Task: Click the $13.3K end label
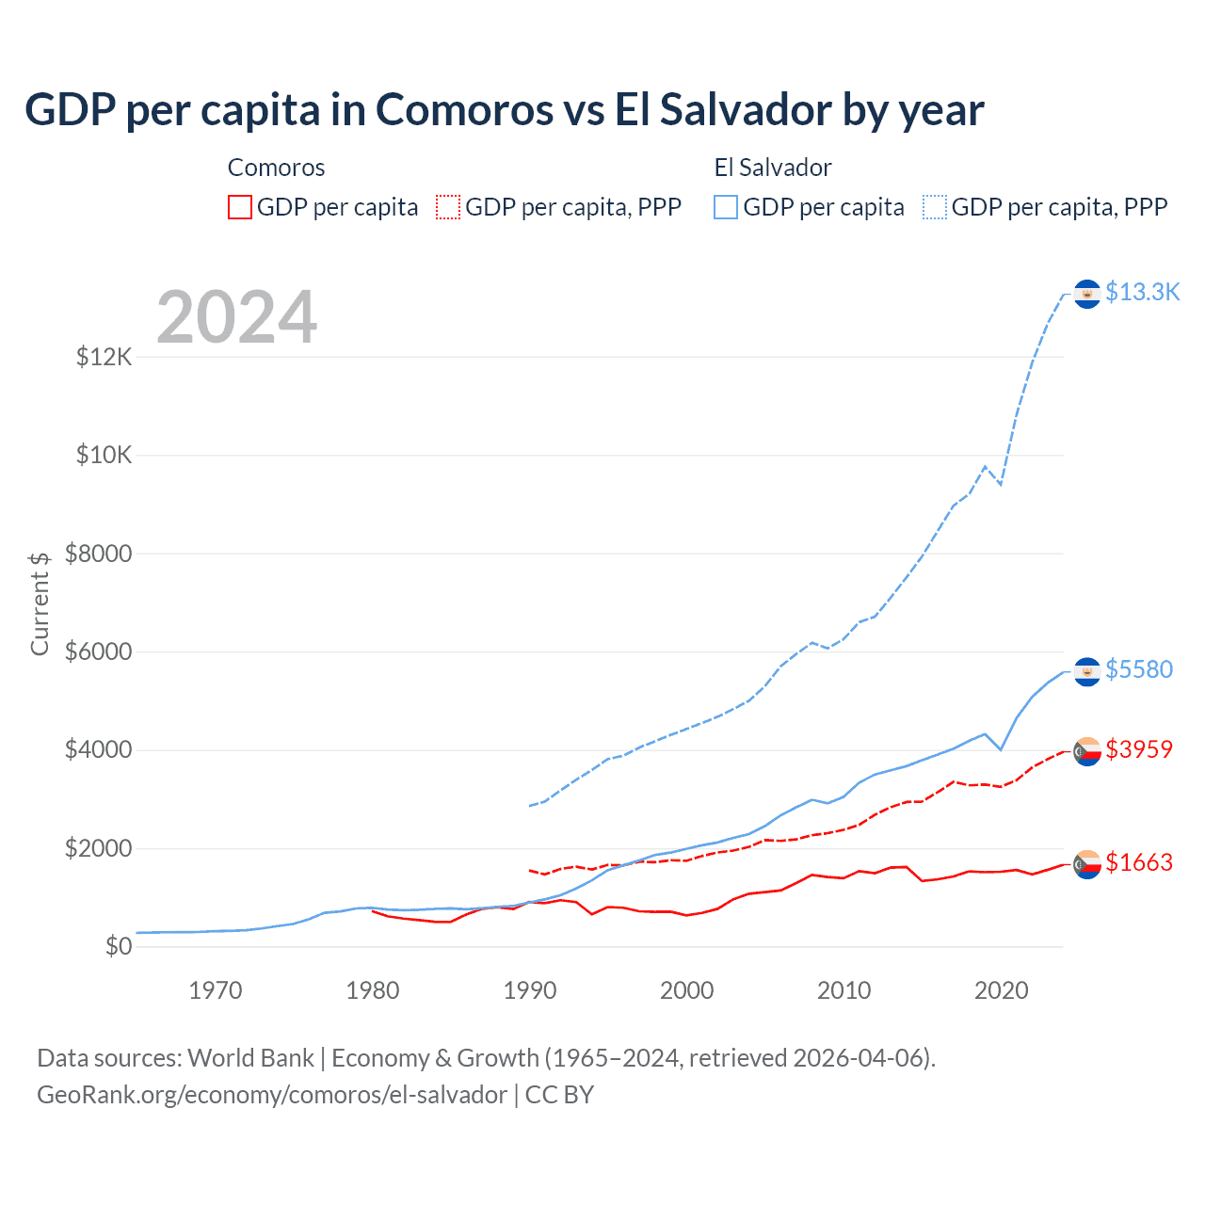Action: (x=1142, y=292)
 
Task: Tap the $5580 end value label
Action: (x=1139, y=669)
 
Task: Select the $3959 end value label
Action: (x=1139, y=749)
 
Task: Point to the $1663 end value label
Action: (x=1139, y=862)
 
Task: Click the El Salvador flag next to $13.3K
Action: (x=1087, y=295)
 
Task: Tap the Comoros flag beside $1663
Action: (x=1087, y=864)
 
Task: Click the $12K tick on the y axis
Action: (x=104, y=357)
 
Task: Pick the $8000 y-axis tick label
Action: (x=99, y=554)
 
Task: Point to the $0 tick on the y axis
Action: (x=118, y=946)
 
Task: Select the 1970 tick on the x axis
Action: (x=216, y=990)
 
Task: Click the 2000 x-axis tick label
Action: (x=687, y=990)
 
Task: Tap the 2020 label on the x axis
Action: (x=1001, y=990)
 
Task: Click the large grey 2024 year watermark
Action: (x=236, y=317)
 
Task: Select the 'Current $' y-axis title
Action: (x=40, y=603)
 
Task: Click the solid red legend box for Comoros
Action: (x=240, y=207)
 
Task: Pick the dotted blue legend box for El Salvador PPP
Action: (x=935, y=207)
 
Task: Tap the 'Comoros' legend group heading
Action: (x=276, y=168)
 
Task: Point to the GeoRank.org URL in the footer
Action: (x=272, y=1095)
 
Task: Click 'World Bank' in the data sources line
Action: (x=250, y=1058)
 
